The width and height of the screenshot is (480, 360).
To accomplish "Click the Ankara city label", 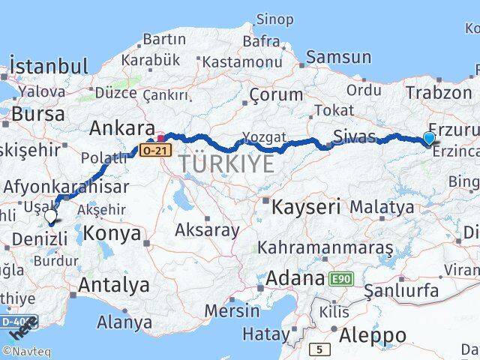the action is [x=121, y=128].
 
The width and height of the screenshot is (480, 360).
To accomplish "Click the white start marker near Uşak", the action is [x=50, y=217].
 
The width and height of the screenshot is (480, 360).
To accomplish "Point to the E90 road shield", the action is [x=341, y=279].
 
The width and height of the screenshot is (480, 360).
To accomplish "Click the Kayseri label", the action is [x=306, y=205].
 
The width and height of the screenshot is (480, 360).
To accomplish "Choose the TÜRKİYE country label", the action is [x=226, y=165].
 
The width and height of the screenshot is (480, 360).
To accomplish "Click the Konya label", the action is [x=112, y=233].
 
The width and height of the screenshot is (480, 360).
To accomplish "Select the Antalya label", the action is [x=113, y=285].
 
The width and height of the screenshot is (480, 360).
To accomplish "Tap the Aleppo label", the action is [x=373, y=335].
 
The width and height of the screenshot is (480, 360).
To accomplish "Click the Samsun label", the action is [x=338, y=56].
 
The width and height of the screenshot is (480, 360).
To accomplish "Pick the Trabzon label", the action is [x=437, y=92].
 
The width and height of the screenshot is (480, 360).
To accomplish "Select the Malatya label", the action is [x=382, y=206].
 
